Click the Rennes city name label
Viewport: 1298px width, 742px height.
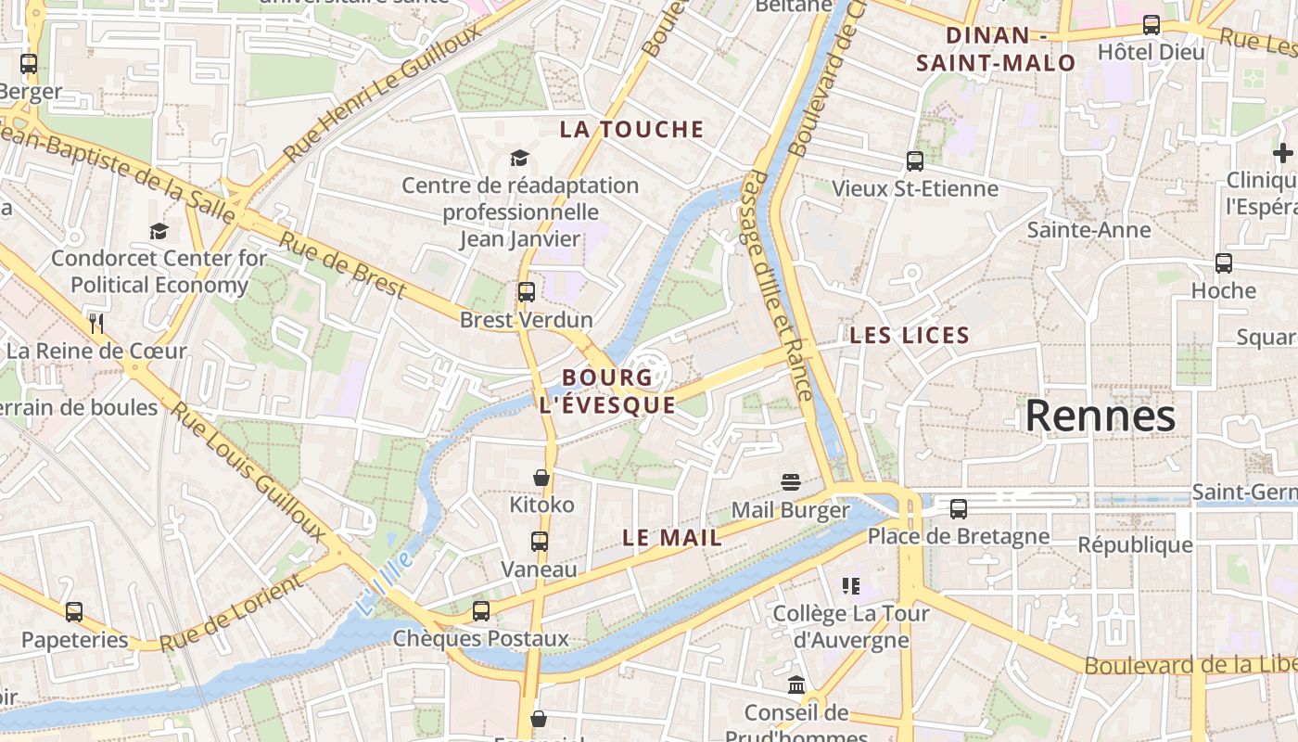[1100, 416]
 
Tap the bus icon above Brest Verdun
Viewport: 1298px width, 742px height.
[527, 292]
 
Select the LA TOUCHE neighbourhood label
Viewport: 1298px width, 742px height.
[631, 130]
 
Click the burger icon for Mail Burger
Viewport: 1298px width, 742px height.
[790, 482]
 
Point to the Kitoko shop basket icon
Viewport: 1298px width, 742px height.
[541, 478]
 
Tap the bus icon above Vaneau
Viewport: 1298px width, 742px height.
[539, 542]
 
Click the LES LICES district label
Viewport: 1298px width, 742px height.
[910, 336]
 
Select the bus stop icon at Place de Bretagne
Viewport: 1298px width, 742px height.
[959, 508]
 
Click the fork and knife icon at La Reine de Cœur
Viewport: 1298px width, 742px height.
[96, 323]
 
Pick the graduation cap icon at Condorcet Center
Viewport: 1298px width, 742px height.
[159, 231]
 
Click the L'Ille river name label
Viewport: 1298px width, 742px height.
[383, 582]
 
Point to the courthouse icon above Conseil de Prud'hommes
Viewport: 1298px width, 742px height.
[796, 685]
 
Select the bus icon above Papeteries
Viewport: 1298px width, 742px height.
[74, 612]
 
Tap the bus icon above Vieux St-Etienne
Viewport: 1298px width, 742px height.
[915, 161]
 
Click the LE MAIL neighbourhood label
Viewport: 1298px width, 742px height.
[672, 538]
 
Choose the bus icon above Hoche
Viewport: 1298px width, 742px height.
[1224, 263]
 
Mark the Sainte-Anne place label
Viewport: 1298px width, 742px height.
[1088, 230]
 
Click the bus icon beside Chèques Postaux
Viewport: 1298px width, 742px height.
[480, 610]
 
